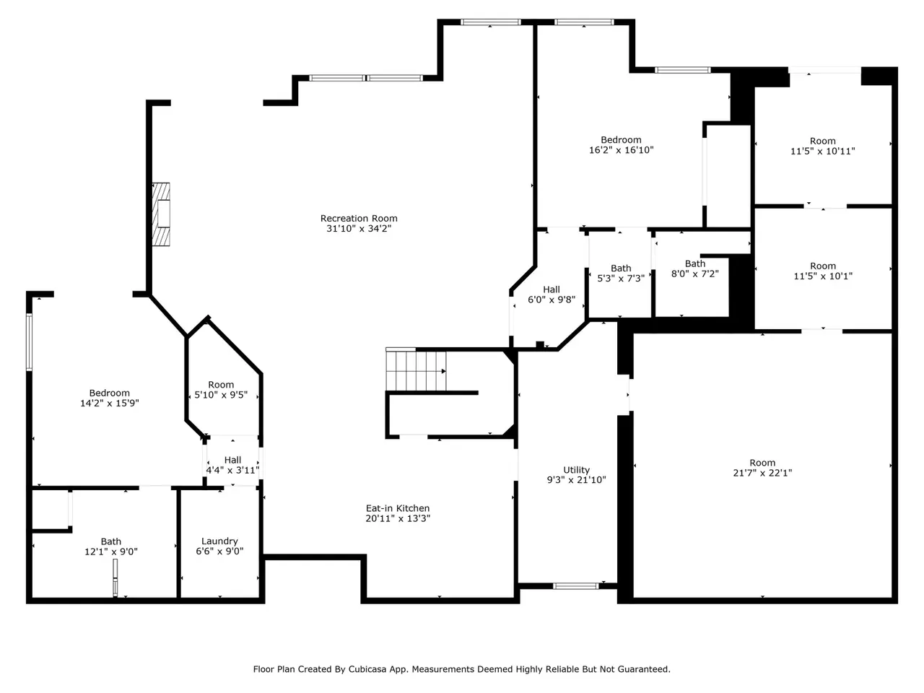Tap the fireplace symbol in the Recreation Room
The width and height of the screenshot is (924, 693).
(x=161, y=214)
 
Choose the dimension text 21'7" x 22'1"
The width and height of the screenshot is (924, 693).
(x=762, y=473)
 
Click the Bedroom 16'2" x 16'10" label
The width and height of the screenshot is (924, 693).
(x=621, y=145)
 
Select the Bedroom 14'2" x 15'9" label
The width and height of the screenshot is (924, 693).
(x=110, y=398)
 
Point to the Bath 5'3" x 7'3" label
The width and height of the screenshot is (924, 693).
(x=621, y=273)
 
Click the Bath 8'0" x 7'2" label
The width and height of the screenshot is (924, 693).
(x=694, y=269)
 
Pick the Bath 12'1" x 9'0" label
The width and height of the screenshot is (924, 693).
(x=110, y=546)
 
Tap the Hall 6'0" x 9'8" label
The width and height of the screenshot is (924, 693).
(x=552, y=295)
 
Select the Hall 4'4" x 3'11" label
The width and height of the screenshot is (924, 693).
(x=232, y=465)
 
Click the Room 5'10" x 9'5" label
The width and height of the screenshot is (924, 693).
(x=221, y=390)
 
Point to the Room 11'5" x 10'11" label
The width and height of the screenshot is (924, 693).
(x=822, y=146)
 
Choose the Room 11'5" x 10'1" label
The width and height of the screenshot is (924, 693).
(x=823, y=271)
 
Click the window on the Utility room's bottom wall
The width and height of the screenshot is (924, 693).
(x=575, y=586)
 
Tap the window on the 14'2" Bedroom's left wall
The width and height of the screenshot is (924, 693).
(x=29, y=342)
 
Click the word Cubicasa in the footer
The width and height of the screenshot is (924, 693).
(x=365, y=669)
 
